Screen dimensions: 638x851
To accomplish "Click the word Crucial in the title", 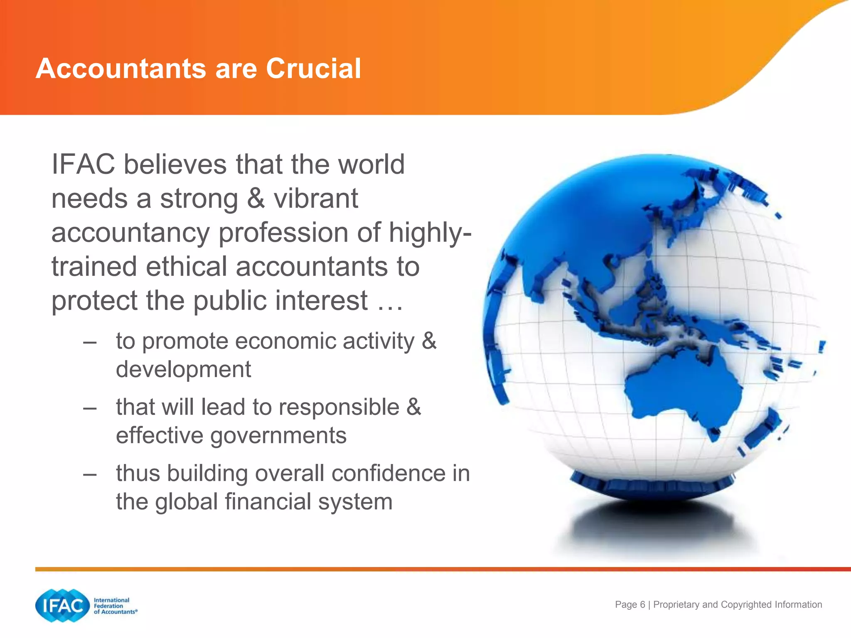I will [x=313, y=69].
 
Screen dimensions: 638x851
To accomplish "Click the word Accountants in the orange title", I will [x=121, y=69].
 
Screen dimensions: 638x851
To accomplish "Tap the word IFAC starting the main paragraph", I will [x=83, y=164].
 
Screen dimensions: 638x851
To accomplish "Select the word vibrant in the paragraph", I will [x=316, y=199].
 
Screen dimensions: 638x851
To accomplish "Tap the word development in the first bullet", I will [x=183, y=369].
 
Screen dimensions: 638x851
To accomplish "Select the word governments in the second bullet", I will [x=278, y=436].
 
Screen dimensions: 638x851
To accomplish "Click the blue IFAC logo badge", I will [x=63, y=606].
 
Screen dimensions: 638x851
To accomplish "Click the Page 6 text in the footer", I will [x=630, y=605].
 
